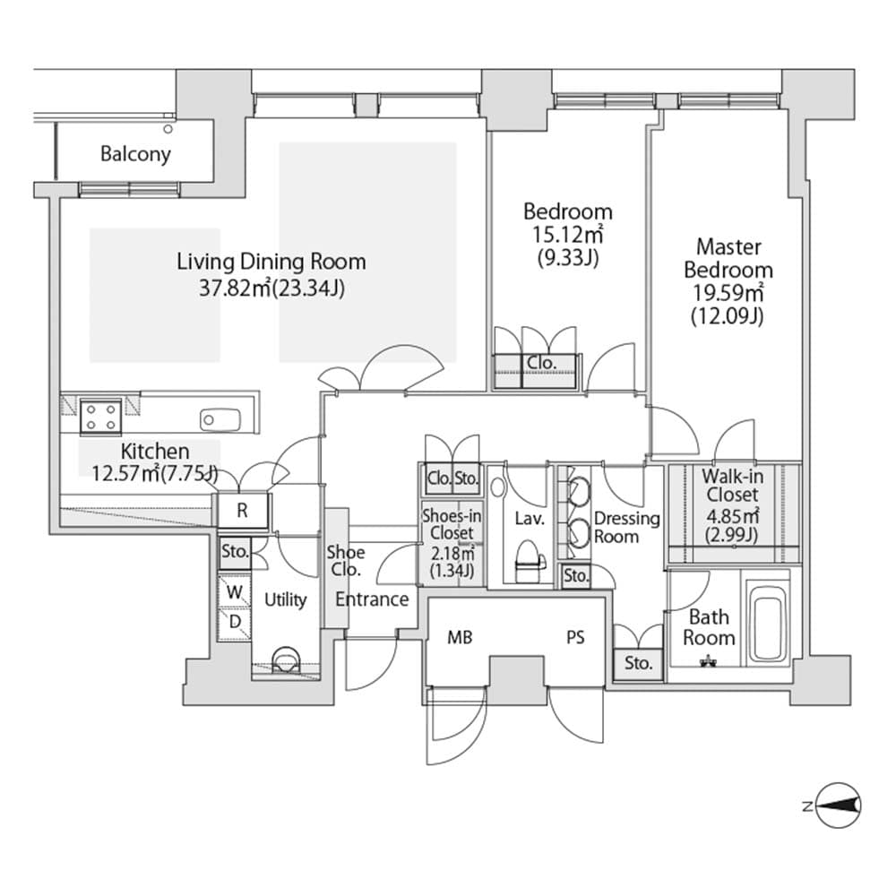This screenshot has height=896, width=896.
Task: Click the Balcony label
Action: (135, 154)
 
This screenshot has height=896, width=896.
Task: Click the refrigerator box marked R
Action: (243, 512)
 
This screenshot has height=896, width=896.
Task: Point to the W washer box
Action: (234, 591)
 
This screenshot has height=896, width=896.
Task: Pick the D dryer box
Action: (234, 621)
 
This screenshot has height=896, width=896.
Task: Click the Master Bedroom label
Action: (728, 258)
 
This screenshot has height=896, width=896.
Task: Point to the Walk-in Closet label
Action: (732, 485)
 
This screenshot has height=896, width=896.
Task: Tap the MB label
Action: (460, 639)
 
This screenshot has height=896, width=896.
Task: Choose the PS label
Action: (575, 639)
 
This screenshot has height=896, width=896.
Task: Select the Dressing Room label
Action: (627, 527)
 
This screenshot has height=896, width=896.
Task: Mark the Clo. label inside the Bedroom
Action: (540, 363)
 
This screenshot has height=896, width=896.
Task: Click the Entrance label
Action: (373, 599)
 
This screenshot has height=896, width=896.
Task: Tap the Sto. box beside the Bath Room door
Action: (638, 665)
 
